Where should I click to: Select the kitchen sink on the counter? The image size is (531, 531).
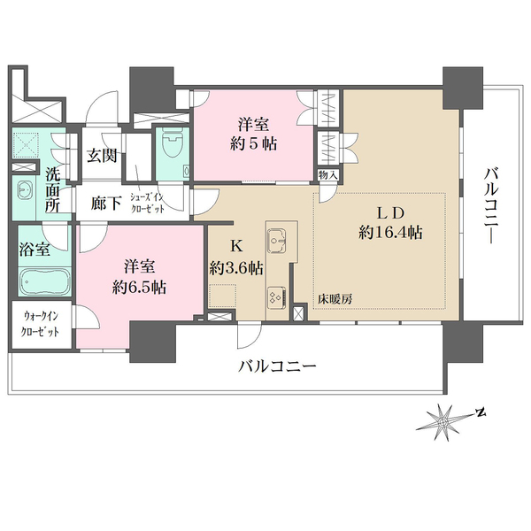(x=278, y=238)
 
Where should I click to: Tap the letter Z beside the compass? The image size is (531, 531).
(x=480, y=412)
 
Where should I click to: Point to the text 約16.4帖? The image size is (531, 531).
(x=390, y=233)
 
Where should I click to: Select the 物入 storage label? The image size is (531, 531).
(x=327, y=176)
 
